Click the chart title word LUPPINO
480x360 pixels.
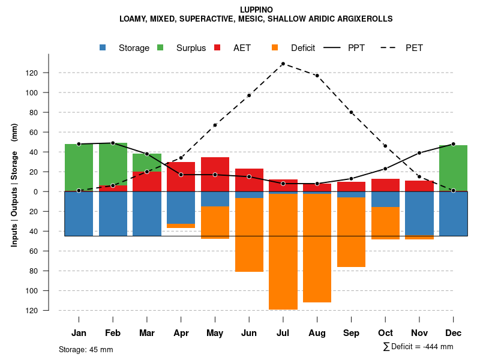[x=256, y=10]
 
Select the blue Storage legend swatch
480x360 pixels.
[x=103, y=48]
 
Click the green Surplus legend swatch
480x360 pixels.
[x=160, y=48]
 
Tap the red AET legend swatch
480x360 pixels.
[x=218, y=48]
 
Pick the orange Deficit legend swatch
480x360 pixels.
[x=275, y=48]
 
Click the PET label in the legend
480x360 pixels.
[x=414, y=48]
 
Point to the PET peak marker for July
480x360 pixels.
[x=283, y=64]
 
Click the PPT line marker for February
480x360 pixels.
[x=113, y=143]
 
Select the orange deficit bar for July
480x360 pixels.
[x=283, y=252]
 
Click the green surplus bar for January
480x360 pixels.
[x=79, y=167]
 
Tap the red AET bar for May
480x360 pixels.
[x=215, y=174]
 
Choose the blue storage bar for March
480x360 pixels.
[x=147, y=214]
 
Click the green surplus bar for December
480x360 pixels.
[x=453, y=168]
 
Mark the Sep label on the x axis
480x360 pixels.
[x=351, y=333]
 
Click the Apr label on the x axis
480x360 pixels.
[x=181, y=333]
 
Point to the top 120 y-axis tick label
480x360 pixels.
[x=49, y=73]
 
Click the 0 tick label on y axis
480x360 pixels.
[x=52, y=192]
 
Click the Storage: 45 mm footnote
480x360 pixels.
[x=86, y=349]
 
